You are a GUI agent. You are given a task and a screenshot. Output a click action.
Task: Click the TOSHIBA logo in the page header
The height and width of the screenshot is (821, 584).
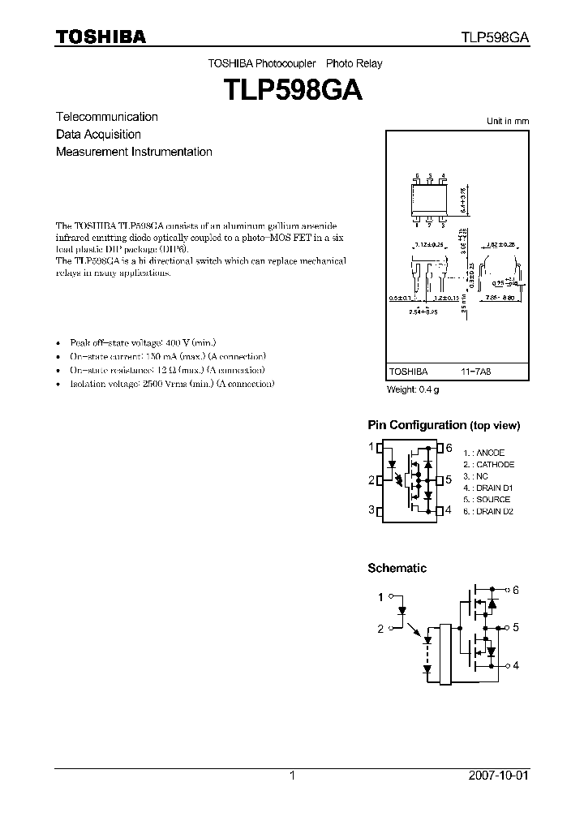(x=101, y=36)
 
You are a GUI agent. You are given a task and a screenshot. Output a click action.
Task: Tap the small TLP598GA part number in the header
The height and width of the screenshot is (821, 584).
(x=496, y=37)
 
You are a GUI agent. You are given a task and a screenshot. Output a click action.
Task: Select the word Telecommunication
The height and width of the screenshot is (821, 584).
(x=107, y=117)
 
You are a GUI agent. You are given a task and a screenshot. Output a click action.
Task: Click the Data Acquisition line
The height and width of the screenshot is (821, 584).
(x=98, y=135)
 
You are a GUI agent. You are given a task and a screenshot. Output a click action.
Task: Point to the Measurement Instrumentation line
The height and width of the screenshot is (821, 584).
(x=134, y=152)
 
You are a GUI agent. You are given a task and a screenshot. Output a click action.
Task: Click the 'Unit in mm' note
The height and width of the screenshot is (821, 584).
(x=507, y=121)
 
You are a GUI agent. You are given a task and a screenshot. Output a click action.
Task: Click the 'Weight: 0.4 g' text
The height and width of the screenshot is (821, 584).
(x=413, y=390)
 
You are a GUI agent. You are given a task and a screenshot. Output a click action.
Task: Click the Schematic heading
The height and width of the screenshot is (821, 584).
(x=397, y=568)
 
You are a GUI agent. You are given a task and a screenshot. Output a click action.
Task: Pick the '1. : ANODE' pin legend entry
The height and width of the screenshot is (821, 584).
(x=483, y=453)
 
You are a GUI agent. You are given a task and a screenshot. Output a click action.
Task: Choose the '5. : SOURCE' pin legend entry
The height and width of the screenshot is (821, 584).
(x=487, y=500)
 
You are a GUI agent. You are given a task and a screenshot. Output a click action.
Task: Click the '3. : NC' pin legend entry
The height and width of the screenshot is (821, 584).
(x=476, y=476)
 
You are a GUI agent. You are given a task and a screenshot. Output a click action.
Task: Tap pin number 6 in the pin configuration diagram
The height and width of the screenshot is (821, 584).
(x=449, y=447)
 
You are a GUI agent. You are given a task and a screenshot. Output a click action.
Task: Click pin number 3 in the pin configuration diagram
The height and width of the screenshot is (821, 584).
(x=371, y=509)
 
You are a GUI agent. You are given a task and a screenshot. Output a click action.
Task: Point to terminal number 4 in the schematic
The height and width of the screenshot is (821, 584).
(x=515, y=665)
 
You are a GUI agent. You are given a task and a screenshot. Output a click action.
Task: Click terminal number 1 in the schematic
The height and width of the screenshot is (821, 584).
(x=380, y=597)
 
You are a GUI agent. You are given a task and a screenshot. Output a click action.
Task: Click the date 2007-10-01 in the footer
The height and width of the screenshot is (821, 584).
(x=499, y=776)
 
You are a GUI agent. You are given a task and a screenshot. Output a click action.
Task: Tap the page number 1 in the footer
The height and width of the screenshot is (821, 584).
(x=291, y=776)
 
